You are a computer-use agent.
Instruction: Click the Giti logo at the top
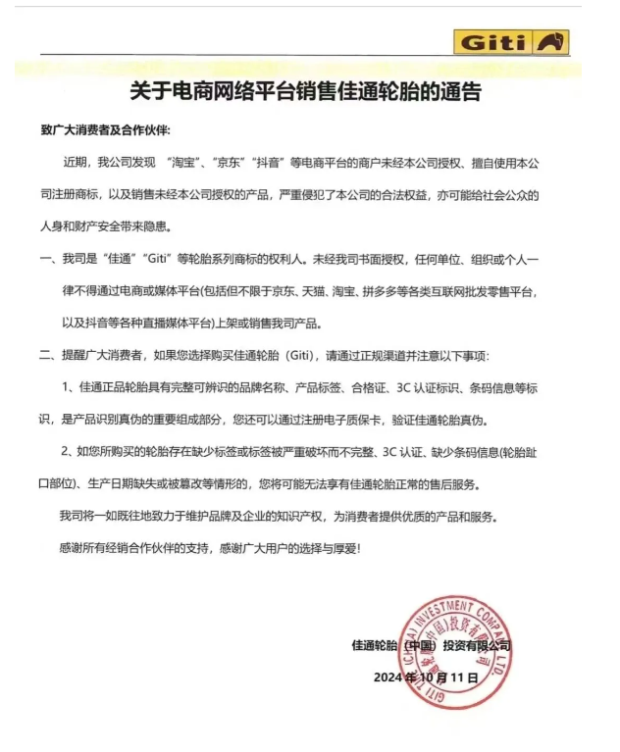click(x=511, y=43)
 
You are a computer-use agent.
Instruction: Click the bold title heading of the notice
click(x=306, y=93)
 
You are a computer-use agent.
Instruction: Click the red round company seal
click(x=452, y=641)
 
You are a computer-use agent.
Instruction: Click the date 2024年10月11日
click(x=425, y=677)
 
